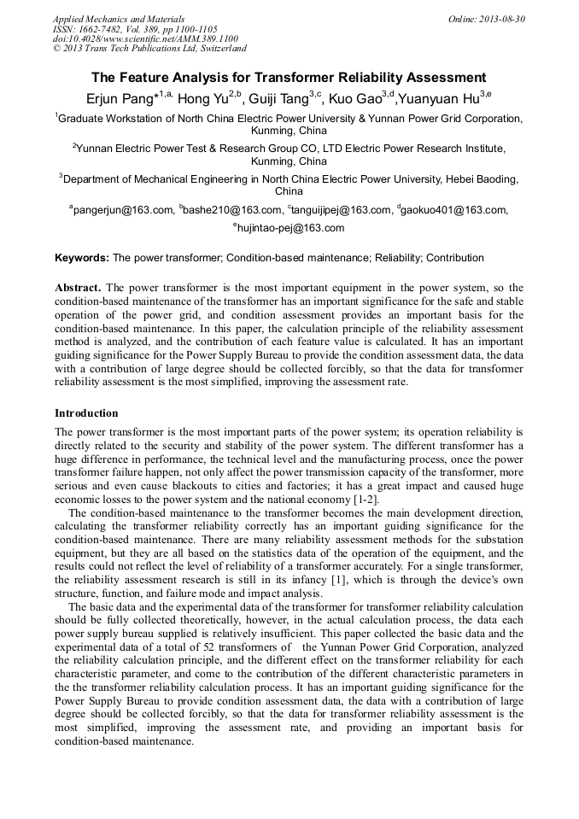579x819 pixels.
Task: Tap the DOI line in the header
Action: point(145,38)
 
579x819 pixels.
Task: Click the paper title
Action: point(289,77)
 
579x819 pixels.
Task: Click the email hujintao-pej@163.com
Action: point(290,228)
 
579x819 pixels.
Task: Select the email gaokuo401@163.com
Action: point(454,210)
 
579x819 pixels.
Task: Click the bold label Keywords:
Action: point(82,258)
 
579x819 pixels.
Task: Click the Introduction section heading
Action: point(86,413)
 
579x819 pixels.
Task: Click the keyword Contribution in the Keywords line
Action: point(455,258)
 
